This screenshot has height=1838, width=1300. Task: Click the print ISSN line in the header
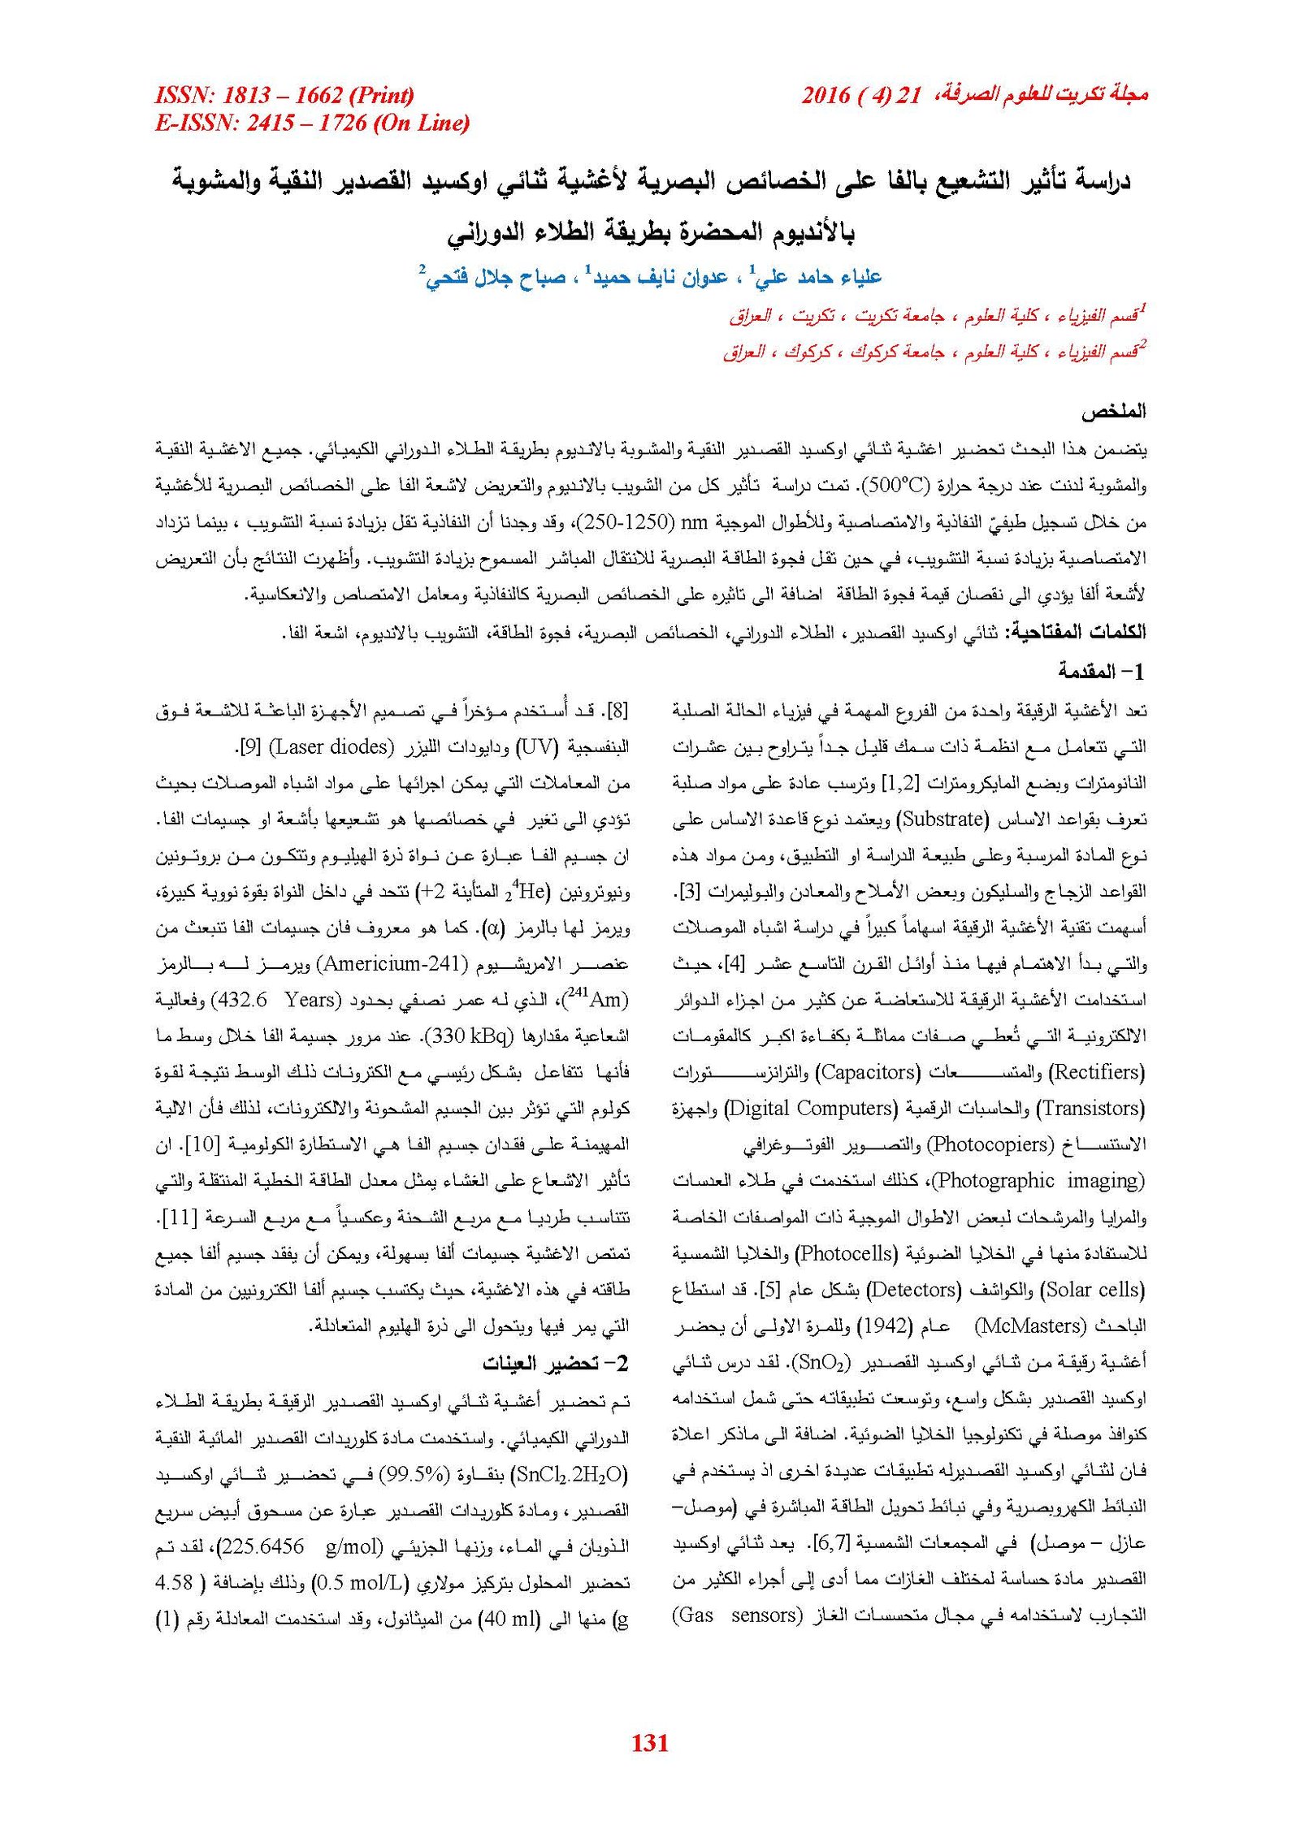(x=284, y=95)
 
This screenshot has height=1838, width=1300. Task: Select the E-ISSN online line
(x=312, y=123)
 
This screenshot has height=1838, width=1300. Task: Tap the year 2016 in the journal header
(x=825, y=95)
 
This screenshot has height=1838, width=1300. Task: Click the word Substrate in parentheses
(x=942, y=819)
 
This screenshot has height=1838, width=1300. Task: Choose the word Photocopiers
(x=990, y=1144)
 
